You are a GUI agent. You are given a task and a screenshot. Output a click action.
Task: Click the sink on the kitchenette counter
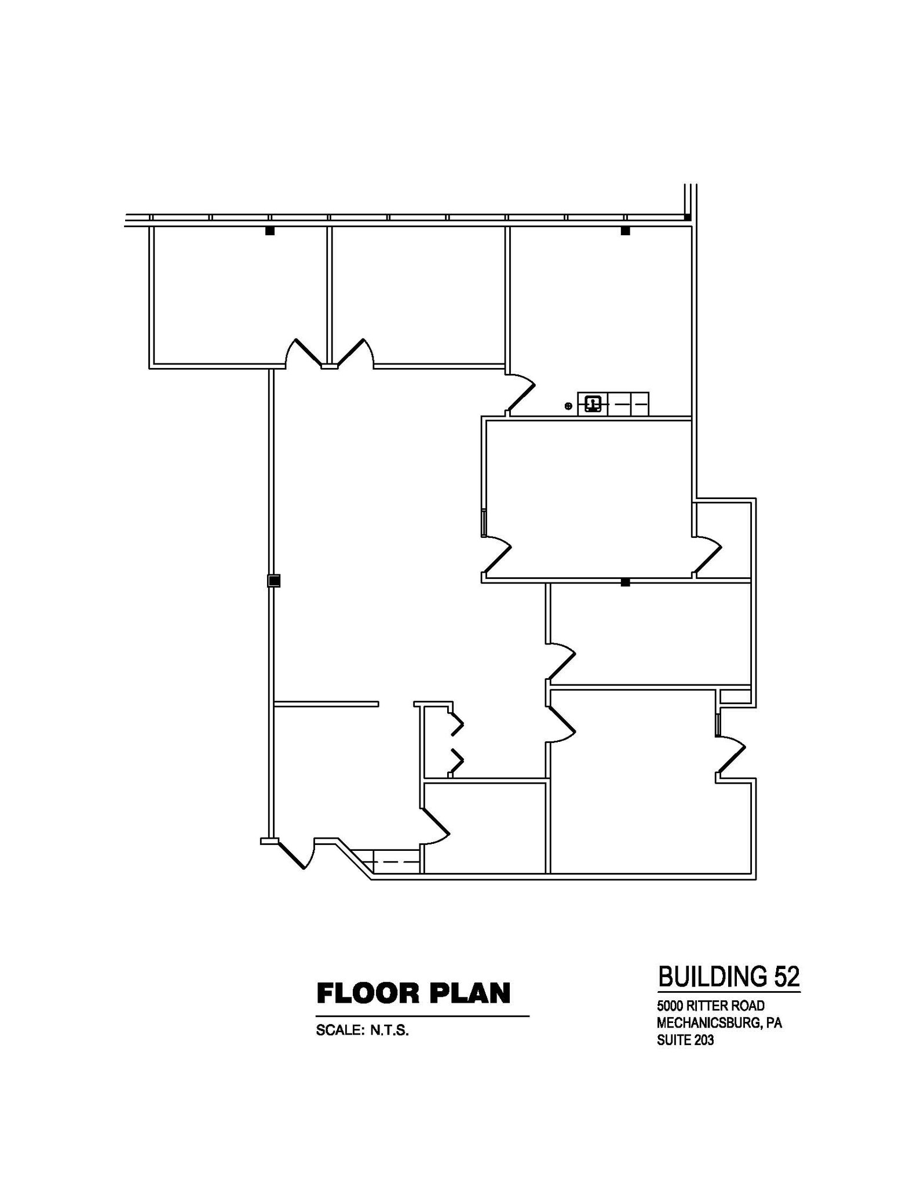(x=593, y=403)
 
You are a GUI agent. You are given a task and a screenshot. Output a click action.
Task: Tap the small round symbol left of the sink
(x=568, y=406)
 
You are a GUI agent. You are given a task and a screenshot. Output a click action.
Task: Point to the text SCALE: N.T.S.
(x=362, y=1031)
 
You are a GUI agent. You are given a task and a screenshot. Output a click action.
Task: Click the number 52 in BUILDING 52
(x=786, y=977)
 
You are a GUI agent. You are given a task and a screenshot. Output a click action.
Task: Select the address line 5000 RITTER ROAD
(x=710, y=1006)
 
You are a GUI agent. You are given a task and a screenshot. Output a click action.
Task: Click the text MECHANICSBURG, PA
(x=719, y=1023)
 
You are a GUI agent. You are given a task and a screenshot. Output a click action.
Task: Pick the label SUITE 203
(x=685, y=1040)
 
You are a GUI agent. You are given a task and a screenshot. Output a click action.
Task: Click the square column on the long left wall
(x=274, y=580)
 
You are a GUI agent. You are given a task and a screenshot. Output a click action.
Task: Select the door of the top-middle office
(x=353, y=352)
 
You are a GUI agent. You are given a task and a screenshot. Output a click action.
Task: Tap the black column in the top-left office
(x=269, y=231)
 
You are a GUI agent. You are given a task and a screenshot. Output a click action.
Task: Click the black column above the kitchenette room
(x=625, y=231)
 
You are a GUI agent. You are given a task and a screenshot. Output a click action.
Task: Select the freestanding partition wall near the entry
(x=326, y=704)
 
